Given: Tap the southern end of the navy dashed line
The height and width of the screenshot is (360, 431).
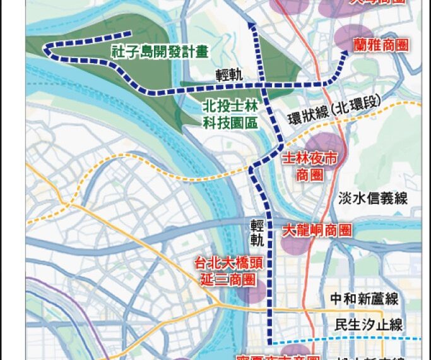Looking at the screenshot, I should tap(269, 340).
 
